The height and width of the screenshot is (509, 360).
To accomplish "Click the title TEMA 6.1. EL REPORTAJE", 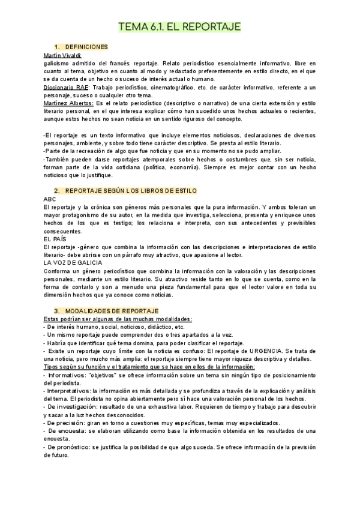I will [180, 27].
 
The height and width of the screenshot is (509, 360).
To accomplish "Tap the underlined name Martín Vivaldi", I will [63, 55].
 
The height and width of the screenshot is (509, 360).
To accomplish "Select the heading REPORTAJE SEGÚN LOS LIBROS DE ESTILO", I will [131, 190].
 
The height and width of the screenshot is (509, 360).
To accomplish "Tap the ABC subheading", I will [50, 198].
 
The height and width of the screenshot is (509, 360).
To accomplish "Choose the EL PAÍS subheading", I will [55, 238].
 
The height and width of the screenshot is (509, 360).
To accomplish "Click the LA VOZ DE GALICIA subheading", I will [73, 262].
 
